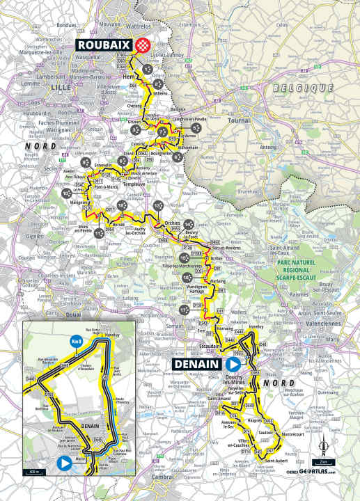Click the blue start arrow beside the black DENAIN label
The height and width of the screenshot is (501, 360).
(x=233, y=364)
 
